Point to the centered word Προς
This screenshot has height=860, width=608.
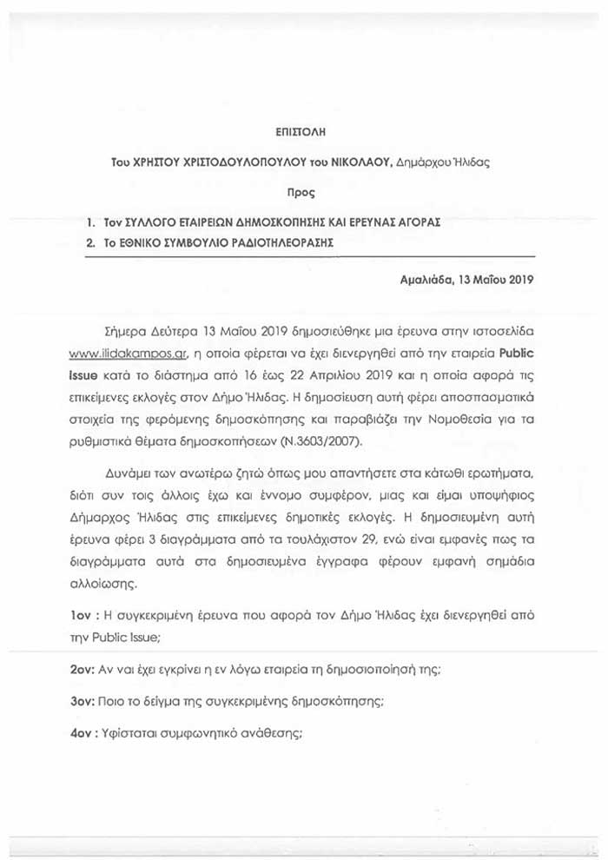tap(300, 190)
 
